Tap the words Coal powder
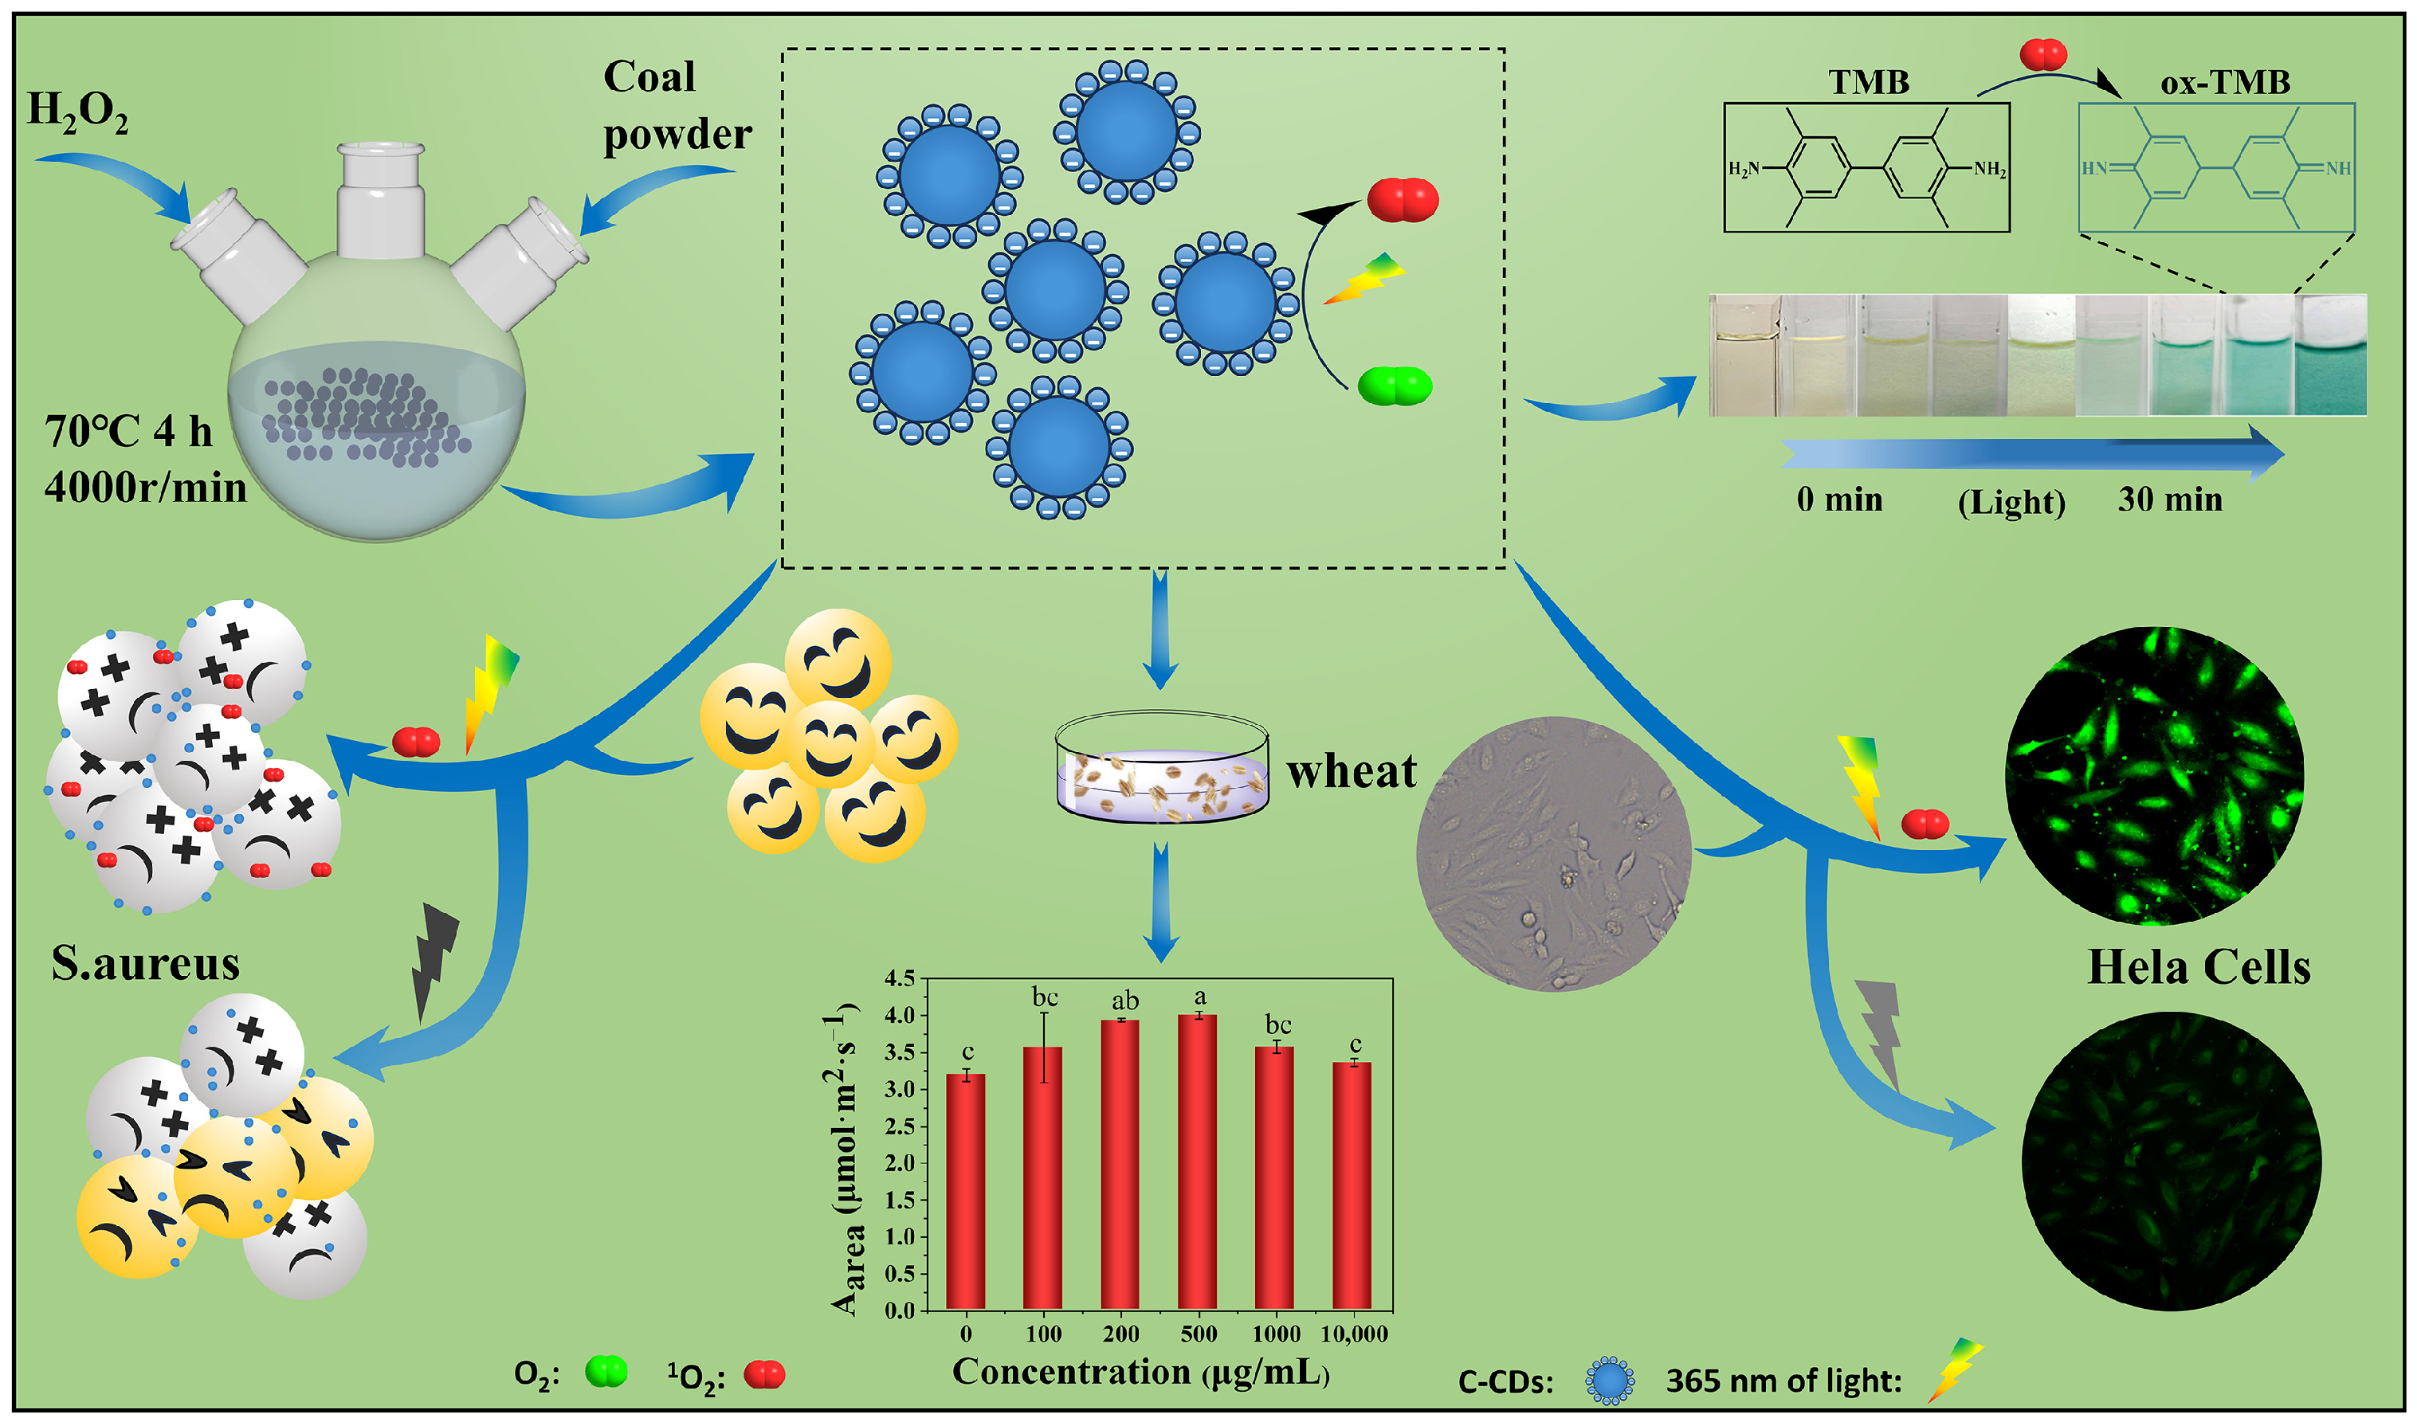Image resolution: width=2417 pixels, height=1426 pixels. (x=676, y=106)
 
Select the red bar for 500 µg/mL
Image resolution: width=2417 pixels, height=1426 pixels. (x=1198, y=1163)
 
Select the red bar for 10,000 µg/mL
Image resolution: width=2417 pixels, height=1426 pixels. (x=1352, y=1187)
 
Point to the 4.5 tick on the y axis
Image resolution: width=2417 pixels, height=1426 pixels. (x=900, y=979)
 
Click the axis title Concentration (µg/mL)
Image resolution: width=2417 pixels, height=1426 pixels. (x=1140, y=1372)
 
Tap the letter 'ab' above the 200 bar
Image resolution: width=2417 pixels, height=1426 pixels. (x=1124, y=1001)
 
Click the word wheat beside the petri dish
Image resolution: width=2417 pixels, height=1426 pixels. (x=1352, y=772)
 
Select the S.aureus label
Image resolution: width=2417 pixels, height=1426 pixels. (x=145, y=964)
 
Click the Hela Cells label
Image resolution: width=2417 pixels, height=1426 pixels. (x=2199, y=968)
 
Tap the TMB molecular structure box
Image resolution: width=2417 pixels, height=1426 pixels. (x=1866, y=168)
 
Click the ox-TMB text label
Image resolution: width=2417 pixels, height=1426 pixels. (x=2225, y=84)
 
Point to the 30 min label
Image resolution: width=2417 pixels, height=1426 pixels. (x=2170, y=499)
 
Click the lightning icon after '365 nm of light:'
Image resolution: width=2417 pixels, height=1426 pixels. (x=1954, y=1370)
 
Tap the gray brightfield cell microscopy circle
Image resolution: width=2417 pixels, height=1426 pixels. (x=1554, y=853)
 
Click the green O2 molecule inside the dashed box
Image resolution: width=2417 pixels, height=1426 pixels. (x=1395, y=386)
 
